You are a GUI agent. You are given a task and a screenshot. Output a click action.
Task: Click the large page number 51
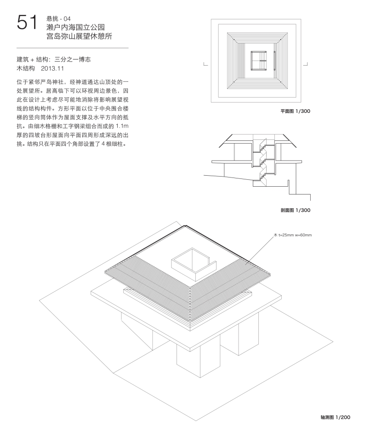click(27, 22)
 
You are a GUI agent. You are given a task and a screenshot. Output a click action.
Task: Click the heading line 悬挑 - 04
click(58, 18)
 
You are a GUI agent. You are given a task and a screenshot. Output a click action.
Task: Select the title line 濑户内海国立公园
click(75, 27)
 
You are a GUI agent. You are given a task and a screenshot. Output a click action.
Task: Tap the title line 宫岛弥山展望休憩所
click(79, 36)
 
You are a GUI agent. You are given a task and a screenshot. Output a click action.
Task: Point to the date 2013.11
click(52, 68)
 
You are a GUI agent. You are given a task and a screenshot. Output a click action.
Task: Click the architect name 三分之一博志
click(73, 59)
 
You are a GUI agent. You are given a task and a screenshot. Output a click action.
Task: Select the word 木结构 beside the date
click(26, 68)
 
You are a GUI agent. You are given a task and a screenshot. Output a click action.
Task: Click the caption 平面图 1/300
click(296, 111)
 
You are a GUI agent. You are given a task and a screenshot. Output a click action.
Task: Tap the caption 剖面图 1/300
click(296, 210)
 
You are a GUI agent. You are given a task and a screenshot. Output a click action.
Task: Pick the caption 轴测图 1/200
click(335, 417)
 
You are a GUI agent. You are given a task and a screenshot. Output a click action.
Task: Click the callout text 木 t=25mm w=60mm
click(293, 235)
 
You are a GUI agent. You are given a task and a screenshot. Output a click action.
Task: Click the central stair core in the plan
click(259, 61)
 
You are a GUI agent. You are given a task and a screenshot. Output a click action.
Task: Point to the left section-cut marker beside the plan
click(205, 64)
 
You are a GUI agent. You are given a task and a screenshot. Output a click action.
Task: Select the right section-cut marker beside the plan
click(306, 64)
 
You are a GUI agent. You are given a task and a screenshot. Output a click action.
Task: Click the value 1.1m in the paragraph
click(122, 126)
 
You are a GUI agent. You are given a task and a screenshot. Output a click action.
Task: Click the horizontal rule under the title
click(73, 48)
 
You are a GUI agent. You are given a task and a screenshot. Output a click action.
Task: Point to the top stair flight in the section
click(263, 145)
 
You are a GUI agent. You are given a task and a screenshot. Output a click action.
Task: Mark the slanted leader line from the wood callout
click(260, 250)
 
